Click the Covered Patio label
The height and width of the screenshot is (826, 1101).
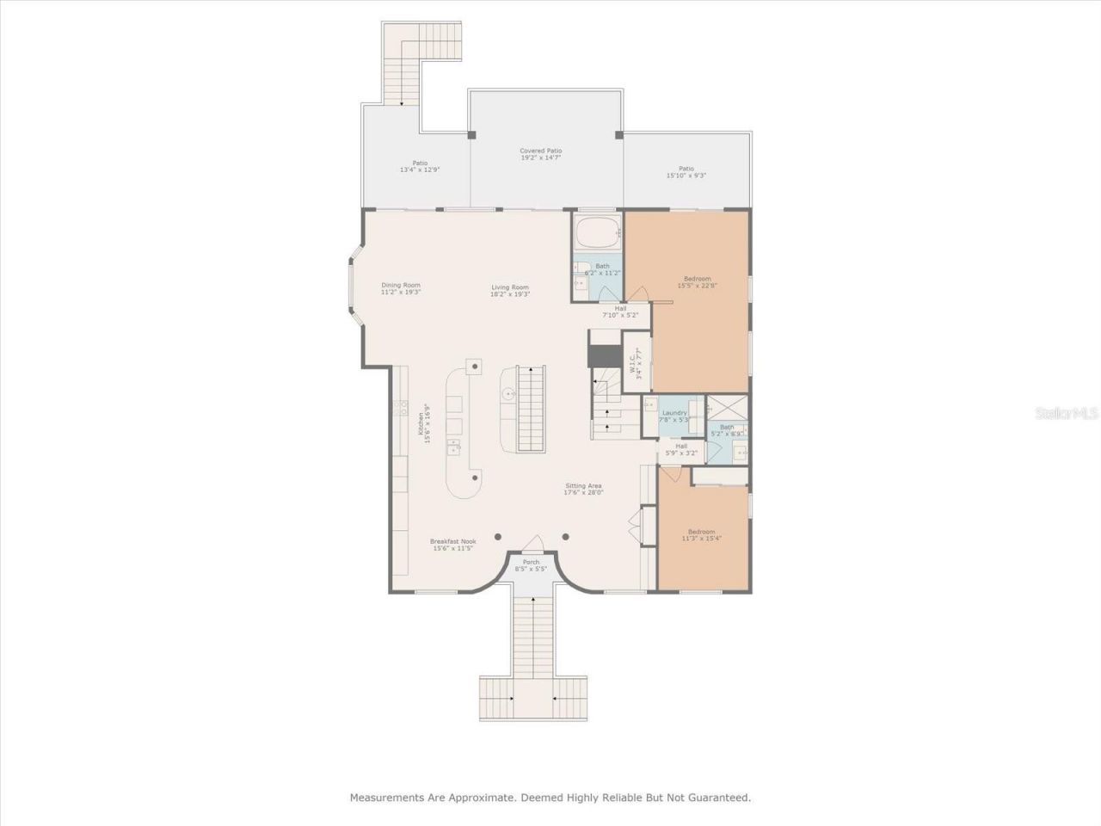click(x=540, y=155)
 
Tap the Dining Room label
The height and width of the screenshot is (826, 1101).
click(x=401, y=288)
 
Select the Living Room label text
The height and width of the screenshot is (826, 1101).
click(x=510, y=291)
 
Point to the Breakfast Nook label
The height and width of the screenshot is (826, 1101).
click(x=453, y=545)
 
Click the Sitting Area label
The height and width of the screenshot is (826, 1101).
click(x=583, y=489)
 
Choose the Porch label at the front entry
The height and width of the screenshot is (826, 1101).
click(x=531, y=565)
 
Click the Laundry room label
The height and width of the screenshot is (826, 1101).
click(x=674, y=416)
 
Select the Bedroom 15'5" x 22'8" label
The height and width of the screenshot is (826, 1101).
click(x=698, y=281)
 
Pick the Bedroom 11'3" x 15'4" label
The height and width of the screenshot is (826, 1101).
click(x=701, y=535)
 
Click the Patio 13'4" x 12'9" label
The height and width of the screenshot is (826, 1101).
click(x=420, y=166)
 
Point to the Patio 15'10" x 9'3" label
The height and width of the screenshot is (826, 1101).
click(x=686, y=172)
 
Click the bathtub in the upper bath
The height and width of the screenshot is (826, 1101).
click(x=597, y=232)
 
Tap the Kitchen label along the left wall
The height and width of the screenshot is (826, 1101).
click(x=423, y=423)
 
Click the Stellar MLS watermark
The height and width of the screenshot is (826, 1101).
click(x=1067, y=414)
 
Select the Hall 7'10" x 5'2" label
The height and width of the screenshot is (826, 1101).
click(x=620, y=311)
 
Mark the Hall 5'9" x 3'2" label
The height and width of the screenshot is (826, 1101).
click(x=681, y=449)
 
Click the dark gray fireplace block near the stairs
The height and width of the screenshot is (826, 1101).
click(x=604, y=355)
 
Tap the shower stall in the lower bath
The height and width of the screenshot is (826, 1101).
click(x=727, y=408)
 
